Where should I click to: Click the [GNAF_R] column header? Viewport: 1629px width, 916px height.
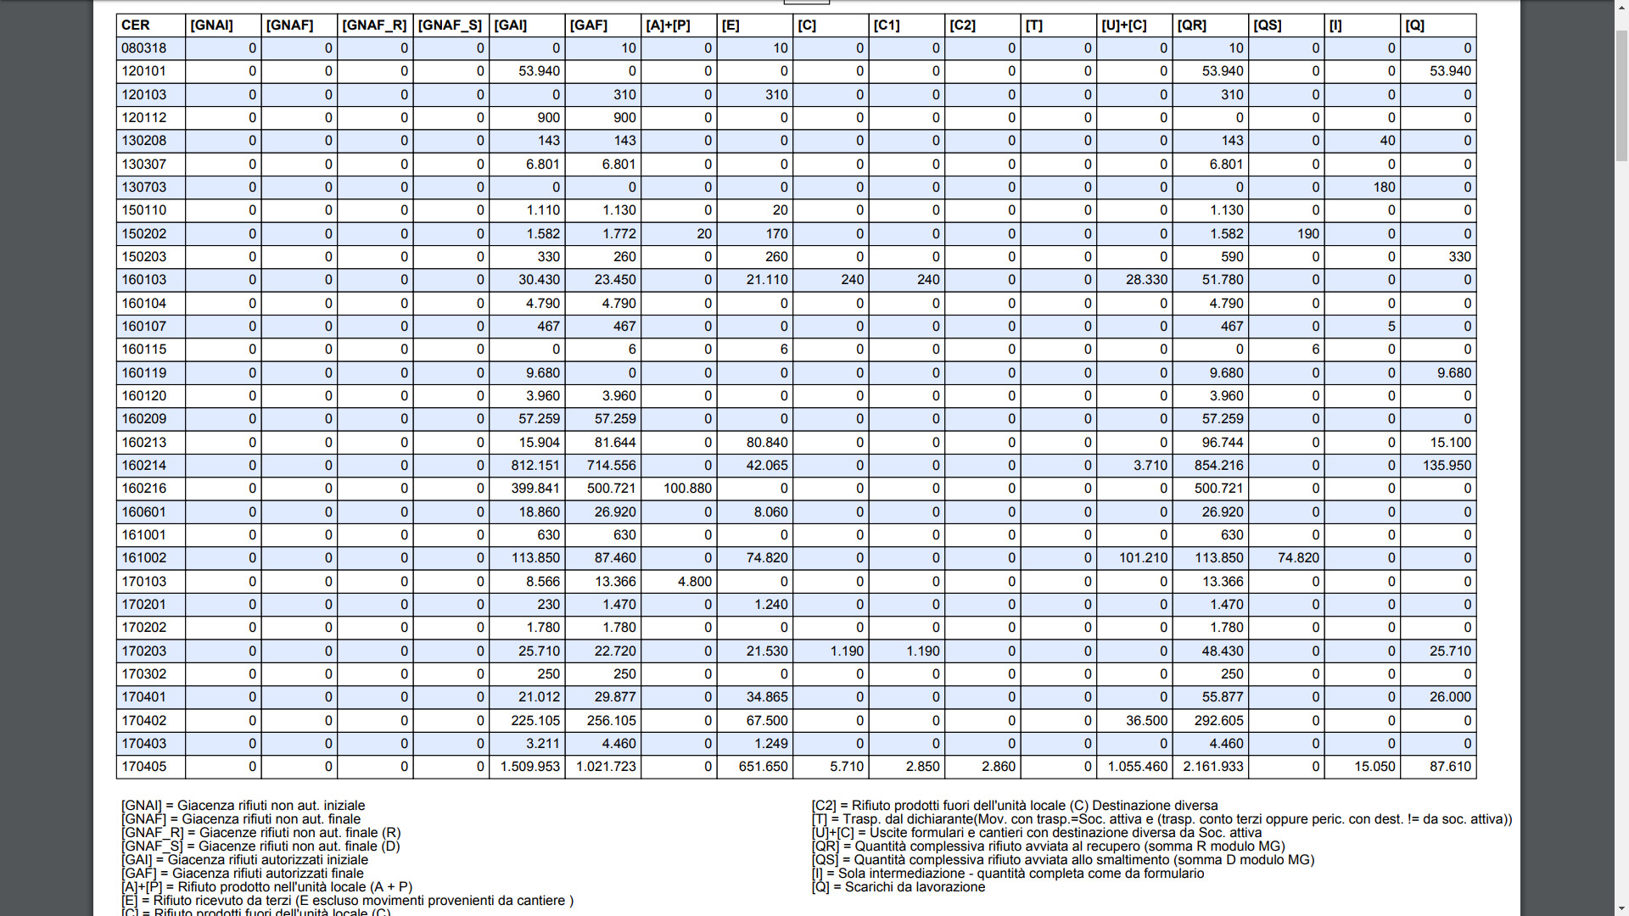pyautogui.click(x=374, y=25)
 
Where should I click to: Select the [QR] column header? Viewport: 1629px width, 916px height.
pyautogui.click(x=1191, y=25)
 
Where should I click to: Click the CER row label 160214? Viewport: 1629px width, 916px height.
pyautogui.click(x=143, y=466)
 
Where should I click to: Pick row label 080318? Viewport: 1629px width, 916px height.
pyautogui.click(x=143, y=48)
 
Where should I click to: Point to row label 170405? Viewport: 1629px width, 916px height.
pyautogui.click(x=143, y=767)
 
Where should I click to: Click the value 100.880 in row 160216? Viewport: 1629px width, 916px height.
pyautogui.click(x=687, y=489)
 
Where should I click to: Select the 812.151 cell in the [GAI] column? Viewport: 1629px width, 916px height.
pyautogui.click(x=535, y=466)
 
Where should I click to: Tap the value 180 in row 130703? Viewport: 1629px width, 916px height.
pyautogui.click(x=1384, y=187)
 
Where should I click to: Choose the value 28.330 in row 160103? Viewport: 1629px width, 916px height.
pyautogui.click(x=1146, y=280)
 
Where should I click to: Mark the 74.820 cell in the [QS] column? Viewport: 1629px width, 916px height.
pyautogui.click(x=1298, y=558)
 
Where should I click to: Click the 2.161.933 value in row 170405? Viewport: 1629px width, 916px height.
pyautogui.click(x=1213, y=767)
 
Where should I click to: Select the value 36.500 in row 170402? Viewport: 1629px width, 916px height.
pyautogui.click(x=1146, y=721)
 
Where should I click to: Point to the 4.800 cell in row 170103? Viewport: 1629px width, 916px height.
pyautogui.click(x=694, y=582)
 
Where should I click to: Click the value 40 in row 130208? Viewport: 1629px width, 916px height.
pyautogui.click(x=1387, y=141)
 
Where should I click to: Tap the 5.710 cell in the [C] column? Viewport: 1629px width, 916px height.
pyautogui.click(x=846, y=767)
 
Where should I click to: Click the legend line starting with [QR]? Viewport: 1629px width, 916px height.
pyautogui.click(x=1048, y=846)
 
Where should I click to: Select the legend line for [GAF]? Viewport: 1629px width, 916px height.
pyautogui.click(x=242, y=874)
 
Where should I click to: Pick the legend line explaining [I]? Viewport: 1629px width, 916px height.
pyautogui.click(x=1007, y=874)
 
